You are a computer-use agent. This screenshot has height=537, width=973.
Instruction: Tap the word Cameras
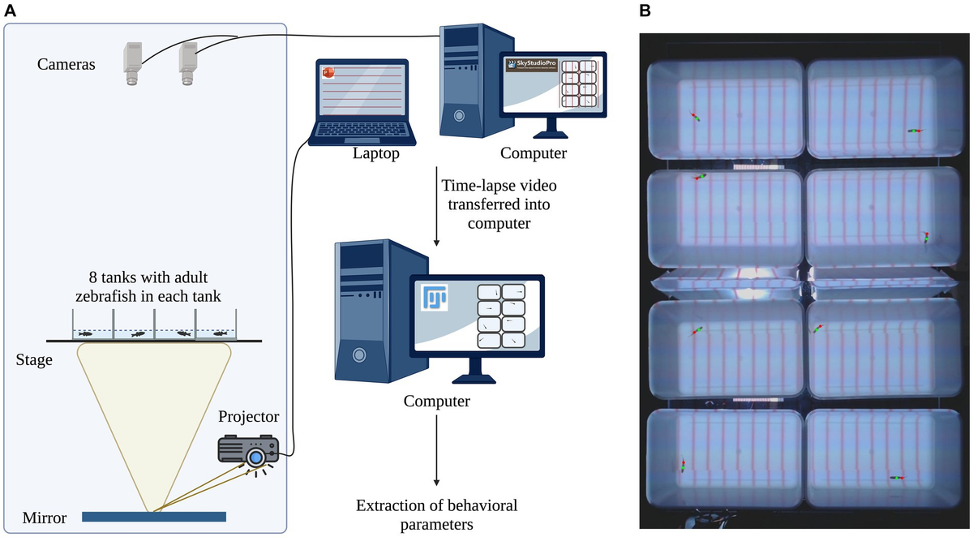[x=67, y=62]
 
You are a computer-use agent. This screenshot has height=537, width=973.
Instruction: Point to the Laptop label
[x=375, y=153]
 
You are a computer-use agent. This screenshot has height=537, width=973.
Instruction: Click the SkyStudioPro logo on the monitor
[x=532, y=66]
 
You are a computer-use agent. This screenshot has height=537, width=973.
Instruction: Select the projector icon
[x=249, y=451]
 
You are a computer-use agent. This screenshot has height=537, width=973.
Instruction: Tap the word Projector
[x=248, y=417]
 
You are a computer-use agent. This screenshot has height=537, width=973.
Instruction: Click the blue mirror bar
[x=154, y=516]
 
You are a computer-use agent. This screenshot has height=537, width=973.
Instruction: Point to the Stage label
[x=33, y=359]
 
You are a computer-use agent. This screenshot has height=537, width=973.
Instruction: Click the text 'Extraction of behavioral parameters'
[x=436, y=515]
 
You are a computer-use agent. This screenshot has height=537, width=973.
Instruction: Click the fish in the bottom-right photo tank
[x=896, y=478]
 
